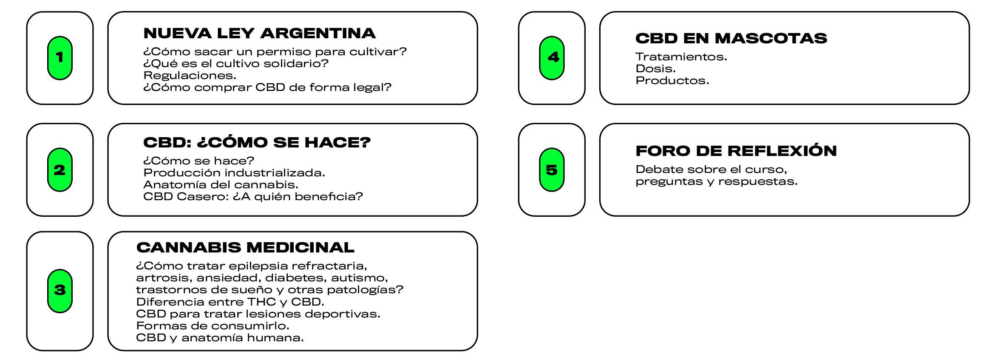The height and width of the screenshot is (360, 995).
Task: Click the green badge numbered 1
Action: (60, 58)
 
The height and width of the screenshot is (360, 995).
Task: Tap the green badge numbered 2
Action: (60, 170)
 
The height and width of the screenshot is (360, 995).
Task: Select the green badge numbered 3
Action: (60, 291)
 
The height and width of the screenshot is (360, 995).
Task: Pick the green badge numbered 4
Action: (552, 58)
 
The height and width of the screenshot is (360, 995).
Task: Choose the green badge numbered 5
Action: (552, 170)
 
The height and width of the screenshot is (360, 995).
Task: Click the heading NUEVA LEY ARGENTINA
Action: (260, 33)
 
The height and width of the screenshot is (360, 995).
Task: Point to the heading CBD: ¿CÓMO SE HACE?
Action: (257, 142)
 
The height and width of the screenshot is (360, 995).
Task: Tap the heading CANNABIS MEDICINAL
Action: (245, 247)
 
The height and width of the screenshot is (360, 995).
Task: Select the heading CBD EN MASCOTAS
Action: (731, 38)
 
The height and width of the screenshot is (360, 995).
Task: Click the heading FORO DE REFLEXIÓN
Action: (736, 150)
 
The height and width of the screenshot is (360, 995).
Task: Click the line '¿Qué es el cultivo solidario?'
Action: (236, 64)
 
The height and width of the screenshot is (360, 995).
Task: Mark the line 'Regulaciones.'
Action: (190, 76)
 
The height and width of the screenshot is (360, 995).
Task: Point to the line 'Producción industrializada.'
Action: (234, 173)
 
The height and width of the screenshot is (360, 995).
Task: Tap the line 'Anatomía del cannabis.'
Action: (221, 185)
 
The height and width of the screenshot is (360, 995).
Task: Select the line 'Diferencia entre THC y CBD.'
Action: (230, 302)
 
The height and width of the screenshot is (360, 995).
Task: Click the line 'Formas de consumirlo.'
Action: (213, 326)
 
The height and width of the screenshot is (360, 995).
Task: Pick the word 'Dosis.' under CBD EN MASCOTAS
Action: (656, 69)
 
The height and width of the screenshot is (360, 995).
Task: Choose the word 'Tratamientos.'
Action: (681, 57)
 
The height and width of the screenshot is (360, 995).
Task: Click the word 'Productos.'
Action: (672, 81)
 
